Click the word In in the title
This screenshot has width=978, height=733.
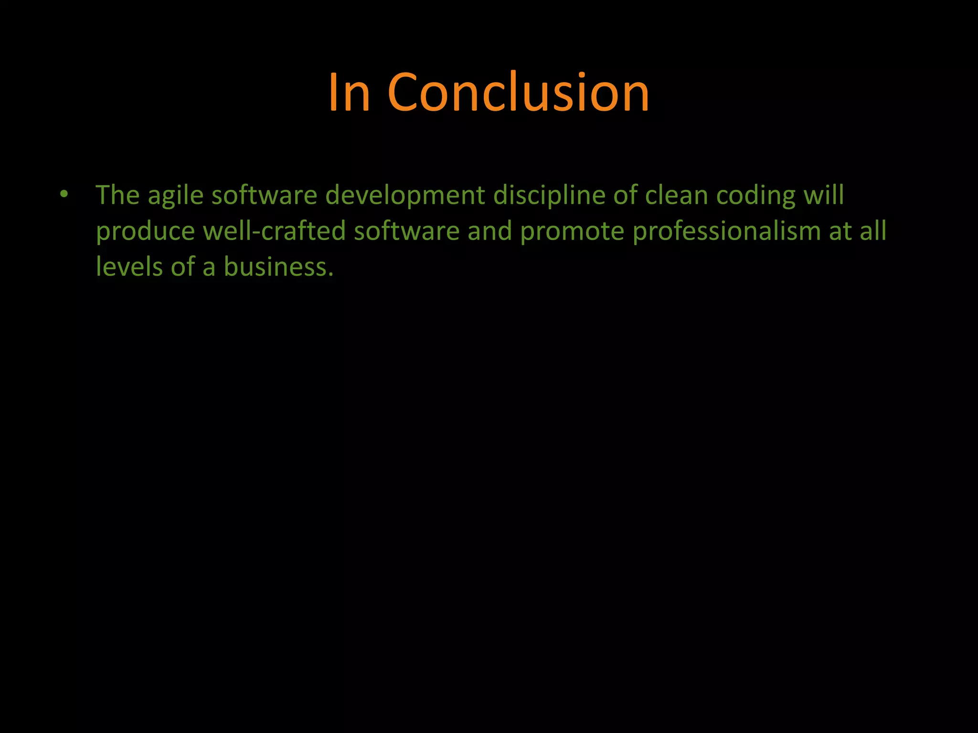tap(349, 93)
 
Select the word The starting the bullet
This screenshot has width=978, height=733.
tap(117, 195)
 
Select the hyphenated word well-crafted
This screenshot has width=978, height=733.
tap(274, 231)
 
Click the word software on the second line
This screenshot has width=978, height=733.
tap(406, 231)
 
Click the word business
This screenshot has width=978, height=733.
tap(278, 267)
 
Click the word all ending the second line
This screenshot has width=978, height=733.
tap(873, 231)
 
